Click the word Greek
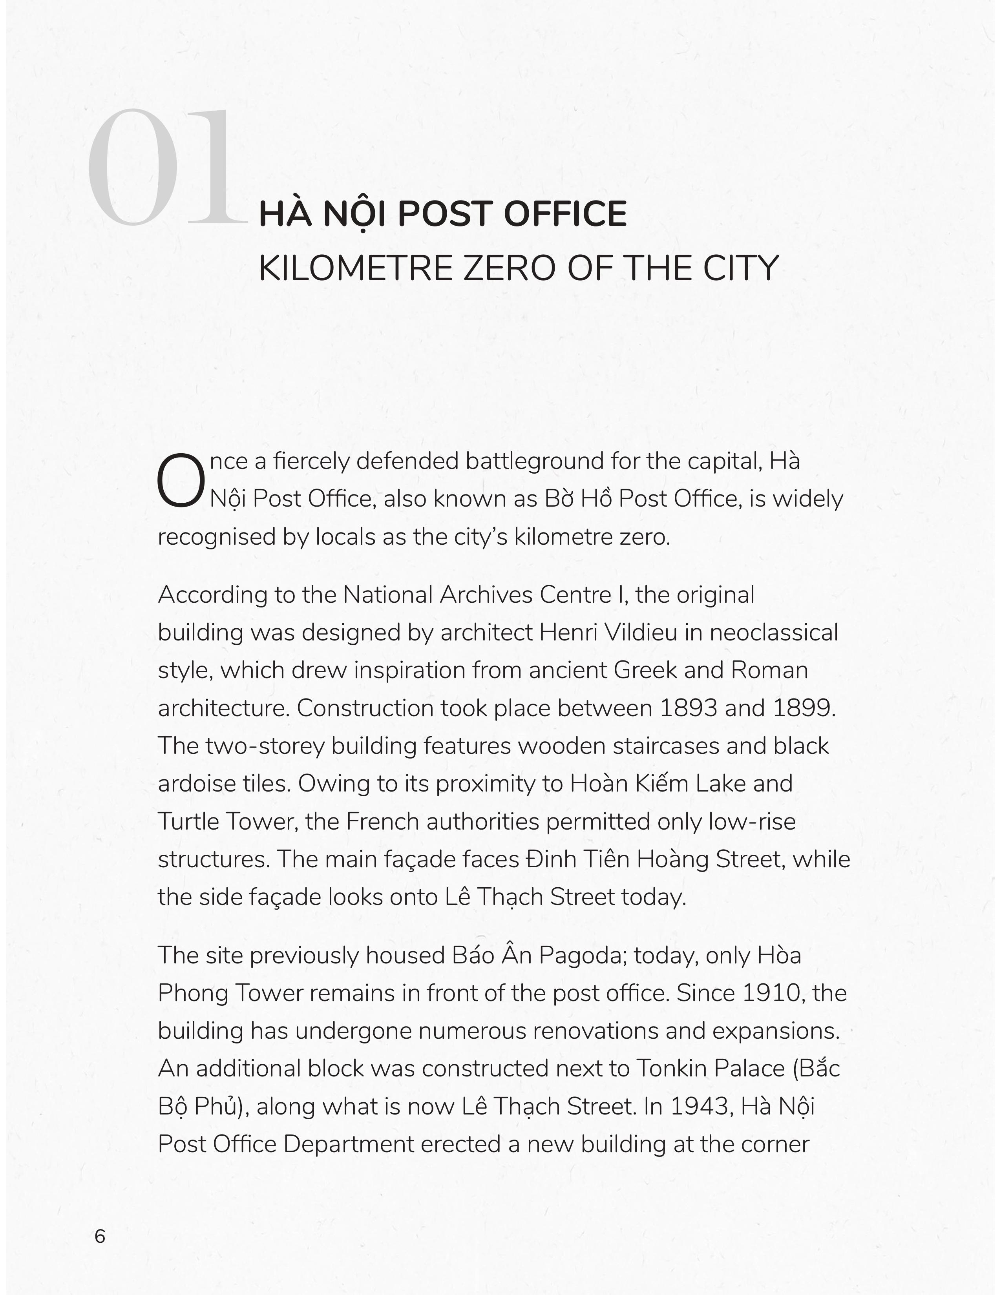tap(645, 671)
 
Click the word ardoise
tap(190, 784)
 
